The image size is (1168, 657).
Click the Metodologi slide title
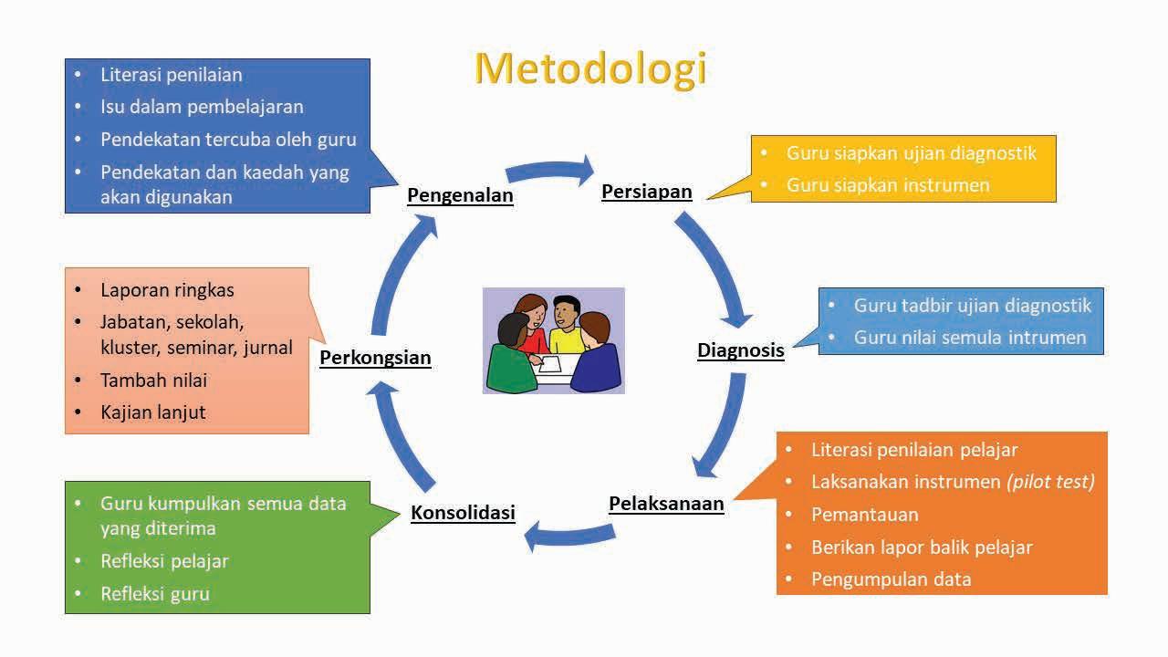click(x=590, y=69)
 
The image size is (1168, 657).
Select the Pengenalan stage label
click(x=460, y=195)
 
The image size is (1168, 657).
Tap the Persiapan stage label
click(x=646, y=192)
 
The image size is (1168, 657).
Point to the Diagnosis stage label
click(x=740, y=350)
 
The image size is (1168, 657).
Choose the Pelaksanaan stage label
click(x=666, y=504)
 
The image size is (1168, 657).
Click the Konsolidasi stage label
click(x=463, y=513)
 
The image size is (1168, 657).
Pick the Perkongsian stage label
click(x=375, y=358)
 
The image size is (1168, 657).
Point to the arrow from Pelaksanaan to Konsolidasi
click(x=566, y=534)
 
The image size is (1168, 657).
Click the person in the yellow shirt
click(x=567, y=328)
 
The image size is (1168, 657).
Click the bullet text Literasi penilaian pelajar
click(x=913, y=450)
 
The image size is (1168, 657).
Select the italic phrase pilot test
click(x=1050, y=482)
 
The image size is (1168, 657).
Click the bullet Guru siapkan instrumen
click(x=887, y=185)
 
